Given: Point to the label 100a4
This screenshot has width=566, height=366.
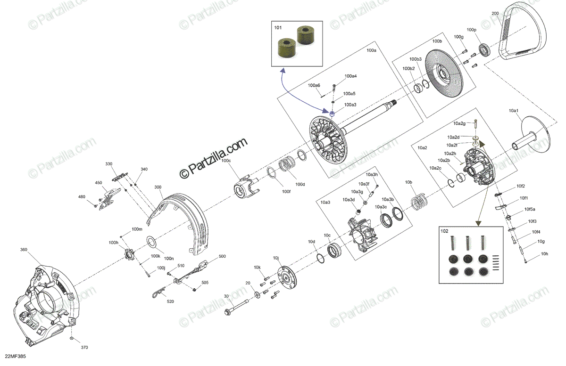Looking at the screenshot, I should (350, 76).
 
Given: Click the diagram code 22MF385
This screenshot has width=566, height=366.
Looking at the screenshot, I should (15, 357).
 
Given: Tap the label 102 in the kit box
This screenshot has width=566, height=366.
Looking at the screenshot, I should (444, 231).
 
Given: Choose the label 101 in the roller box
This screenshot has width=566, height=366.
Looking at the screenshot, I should (278, 28).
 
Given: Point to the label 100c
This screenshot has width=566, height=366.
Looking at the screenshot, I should (226, 161).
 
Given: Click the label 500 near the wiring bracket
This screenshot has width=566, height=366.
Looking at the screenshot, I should (222, 257).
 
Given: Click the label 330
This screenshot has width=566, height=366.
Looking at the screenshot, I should (109, 164).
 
